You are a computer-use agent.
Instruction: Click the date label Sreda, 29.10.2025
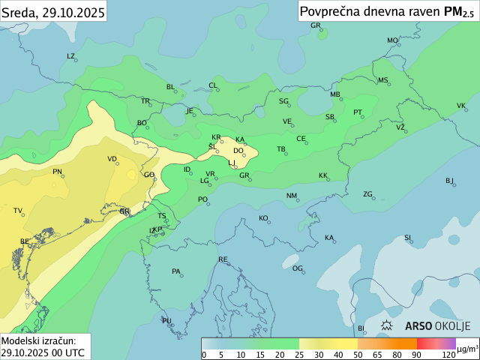[52, 10]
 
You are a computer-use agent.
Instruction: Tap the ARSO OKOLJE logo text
[437, 326]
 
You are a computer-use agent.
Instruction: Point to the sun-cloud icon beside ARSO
[388, 326]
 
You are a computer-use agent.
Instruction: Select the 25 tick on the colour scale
[299, 354]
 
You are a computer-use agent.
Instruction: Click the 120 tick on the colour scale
[448, 354]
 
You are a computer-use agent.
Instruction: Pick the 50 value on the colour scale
[357, 354]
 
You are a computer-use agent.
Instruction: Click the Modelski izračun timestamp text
[42, 346]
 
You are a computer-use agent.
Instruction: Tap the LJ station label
[232, 162]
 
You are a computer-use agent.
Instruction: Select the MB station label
[335, 94]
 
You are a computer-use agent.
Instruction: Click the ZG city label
[367, 194]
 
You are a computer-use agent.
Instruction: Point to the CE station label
[301, 139]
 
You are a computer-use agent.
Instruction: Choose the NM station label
[292, 196]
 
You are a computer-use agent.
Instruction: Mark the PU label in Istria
[166, 320]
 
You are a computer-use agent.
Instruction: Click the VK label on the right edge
[461, 105]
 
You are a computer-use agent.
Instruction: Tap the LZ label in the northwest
[71, 56]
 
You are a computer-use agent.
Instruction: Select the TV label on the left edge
[18, 211]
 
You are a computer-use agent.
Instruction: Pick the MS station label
[383, 80]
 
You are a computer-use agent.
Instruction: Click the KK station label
[323, 175]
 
